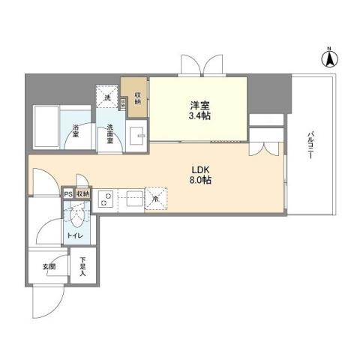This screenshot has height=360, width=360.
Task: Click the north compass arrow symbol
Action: [x=328, y=55]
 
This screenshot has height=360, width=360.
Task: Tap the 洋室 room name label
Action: [x=198, y=106]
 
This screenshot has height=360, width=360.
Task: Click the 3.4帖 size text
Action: [x=198, y=118]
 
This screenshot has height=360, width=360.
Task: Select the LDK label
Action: [x=200, y=169]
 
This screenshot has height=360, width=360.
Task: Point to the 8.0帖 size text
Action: [x=200, y=181]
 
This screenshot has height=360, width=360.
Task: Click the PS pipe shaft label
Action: [x=68, y=193]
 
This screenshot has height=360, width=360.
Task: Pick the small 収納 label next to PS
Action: [x=82, y=193]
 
